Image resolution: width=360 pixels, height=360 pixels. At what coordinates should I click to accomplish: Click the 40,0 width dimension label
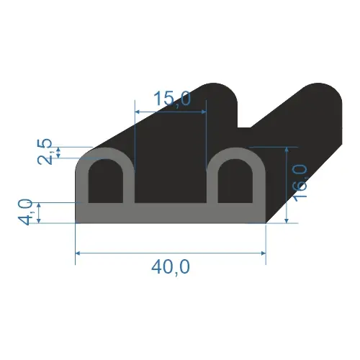[x=171, y=268]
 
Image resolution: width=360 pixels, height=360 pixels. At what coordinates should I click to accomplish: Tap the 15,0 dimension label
[x=172, y=99]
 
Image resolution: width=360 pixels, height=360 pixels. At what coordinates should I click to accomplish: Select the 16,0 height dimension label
[x=300, y=183]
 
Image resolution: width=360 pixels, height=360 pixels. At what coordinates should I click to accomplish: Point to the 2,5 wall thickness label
[x=45, y=152]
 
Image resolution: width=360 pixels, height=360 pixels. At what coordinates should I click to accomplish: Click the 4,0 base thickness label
[x=25, y=212]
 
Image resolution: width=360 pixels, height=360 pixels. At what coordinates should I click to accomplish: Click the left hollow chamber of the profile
[x=106, y=181]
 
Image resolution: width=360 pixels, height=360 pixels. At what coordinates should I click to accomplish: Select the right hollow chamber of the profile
[x=235, y=181]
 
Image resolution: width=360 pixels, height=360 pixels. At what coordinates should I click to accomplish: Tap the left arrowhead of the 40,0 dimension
[x=78, y=253]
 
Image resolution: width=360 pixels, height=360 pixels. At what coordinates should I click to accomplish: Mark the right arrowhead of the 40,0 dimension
[x=264, y=253]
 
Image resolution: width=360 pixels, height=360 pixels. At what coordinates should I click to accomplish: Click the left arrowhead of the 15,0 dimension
[x=138, y=112]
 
